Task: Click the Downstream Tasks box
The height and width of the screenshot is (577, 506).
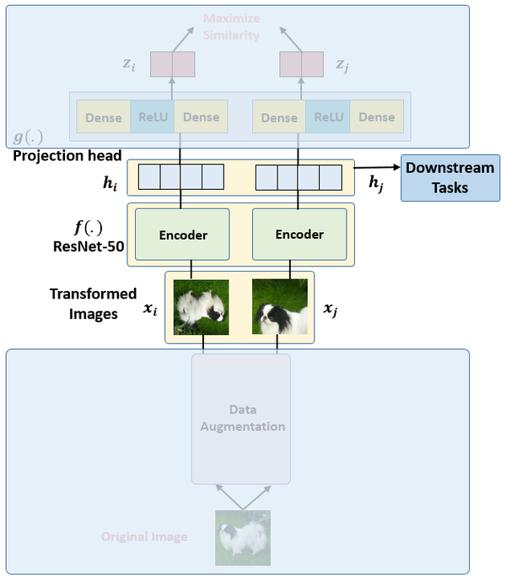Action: [449, 178]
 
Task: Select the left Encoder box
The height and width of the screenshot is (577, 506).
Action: [183, 235]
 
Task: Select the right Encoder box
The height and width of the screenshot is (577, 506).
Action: [299, 235]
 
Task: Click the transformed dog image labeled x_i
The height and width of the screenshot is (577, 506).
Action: [201, 307]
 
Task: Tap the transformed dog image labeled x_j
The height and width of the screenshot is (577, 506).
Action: [280, 307]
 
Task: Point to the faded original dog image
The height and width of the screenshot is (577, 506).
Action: [243, 537]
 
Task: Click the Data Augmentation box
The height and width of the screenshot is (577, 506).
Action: [241, 418]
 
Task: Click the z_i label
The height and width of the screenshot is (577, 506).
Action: [127, 64]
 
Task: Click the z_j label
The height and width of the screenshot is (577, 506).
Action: [342, 64]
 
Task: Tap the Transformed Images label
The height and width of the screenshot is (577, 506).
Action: [93, 302]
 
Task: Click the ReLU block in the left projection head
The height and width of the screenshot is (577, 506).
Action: [152, 117]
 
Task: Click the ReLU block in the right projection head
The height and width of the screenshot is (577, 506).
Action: [327, 117]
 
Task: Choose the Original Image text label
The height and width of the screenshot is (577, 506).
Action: [144, 537]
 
